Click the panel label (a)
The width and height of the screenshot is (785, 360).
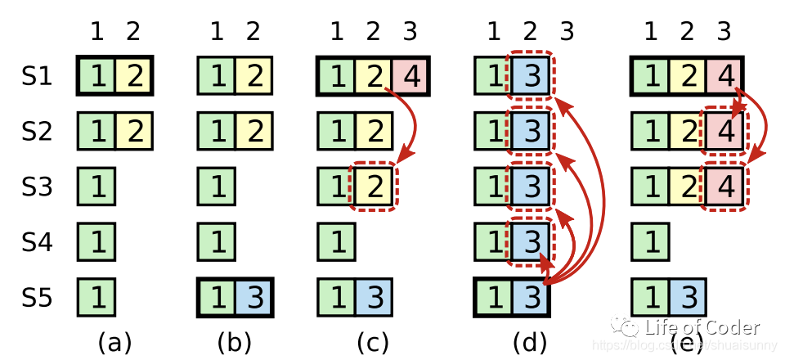pos(114,342)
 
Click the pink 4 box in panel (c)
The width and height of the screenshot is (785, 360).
pos(410,77)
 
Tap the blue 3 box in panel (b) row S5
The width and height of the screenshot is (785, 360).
pos(253,297)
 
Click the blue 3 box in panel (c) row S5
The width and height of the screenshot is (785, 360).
pos(373,297)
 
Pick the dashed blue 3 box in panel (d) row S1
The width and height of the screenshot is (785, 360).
pos(531,77)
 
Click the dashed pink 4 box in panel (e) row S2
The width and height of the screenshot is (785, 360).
pos(724,133)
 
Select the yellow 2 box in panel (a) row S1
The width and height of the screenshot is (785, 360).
pos(133,77)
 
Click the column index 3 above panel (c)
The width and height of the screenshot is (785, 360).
pos(410,32)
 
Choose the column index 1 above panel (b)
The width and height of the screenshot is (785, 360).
pos(217,32)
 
